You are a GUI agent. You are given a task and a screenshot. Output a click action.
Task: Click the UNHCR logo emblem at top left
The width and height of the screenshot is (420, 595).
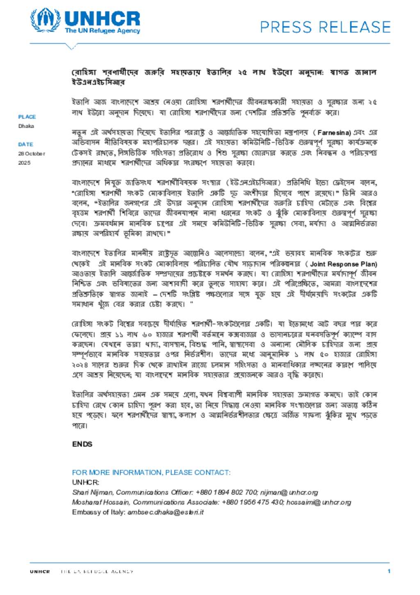click(45, 20)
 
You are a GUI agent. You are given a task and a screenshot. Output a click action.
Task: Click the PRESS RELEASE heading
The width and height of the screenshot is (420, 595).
click(325, 27)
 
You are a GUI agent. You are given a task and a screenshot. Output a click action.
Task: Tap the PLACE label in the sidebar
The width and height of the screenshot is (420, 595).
click(27, 117)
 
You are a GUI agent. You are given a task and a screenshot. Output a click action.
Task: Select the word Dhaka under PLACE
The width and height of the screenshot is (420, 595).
click(26, 126)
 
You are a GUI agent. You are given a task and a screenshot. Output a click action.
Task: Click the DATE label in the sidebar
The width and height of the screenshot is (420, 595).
click(25, 145)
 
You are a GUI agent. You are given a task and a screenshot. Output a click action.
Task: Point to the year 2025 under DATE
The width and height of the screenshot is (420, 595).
click(24, 163)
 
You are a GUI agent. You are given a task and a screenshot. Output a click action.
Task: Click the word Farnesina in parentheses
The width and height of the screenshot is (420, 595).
click(333, 133)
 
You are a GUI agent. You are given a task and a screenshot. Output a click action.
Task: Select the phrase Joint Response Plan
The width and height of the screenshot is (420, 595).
click(343, 264)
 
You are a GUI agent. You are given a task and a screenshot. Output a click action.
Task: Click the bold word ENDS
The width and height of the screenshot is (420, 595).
click(82, 444)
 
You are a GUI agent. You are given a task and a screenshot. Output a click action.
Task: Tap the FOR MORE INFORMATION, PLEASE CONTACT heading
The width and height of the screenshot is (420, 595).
click(151, 473)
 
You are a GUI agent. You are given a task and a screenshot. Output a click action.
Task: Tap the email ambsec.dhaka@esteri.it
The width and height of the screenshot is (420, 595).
click(165, 512)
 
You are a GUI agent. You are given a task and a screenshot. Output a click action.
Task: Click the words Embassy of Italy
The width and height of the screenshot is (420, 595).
click(98, 512)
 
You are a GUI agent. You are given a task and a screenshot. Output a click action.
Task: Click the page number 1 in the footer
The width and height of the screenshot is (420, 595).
click(389, 571)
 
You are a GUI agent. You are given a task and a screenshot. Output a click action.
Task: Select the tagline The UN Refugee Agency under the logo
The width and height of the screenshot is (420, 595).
click(102, 31)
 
